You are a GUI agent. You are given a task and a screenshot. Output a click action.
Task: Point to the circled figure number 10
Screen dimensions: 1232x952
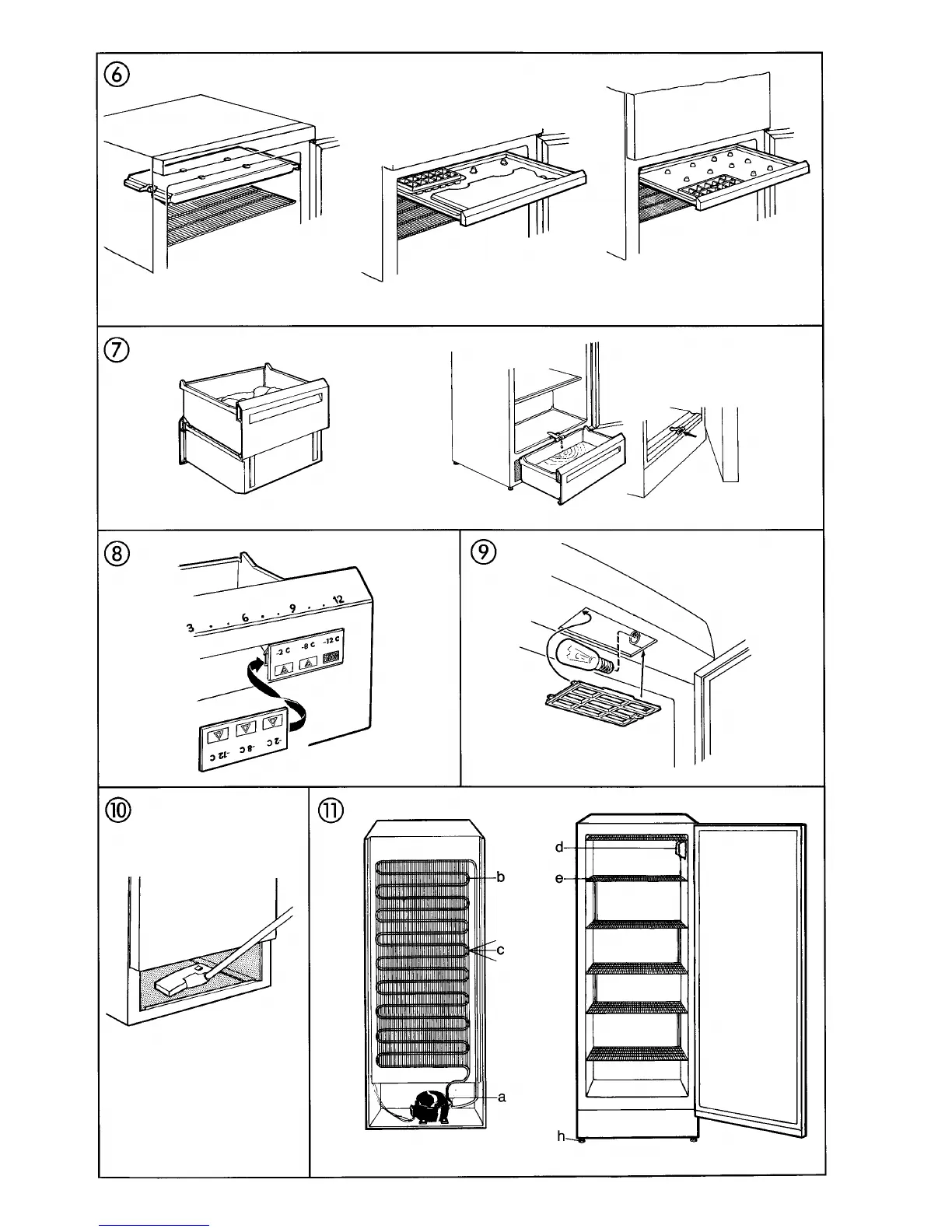(119, 810)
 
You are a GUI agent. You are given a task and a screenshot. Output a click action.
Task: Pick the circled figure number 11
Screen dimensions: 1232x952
(330, 810)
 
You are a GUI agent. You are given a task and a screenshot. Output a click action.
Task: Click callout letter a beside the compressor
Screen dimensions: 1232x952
(502, 1097)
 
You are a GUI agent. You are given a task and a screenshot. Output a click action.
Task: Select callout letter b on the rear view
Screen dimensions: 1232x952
(501, 877)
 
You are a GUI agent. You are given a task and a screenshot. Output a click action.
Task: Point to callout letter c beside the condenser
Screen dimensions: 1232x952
(501, 950)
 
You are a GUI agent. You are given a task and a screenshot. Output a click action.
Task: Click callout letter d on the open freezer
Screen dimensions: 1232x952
(559, 847)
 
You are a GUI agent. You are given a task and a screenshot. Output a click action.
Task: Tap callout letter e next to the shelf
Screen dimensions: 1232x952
(559, 879)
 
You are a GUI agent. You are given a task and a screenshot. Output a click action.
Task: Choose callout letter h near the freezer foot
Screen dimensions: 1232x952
(560, 1136)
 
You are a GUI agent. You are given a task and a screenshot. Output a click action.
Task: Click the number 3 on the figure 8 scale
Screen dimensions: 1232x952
(189, 627)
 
